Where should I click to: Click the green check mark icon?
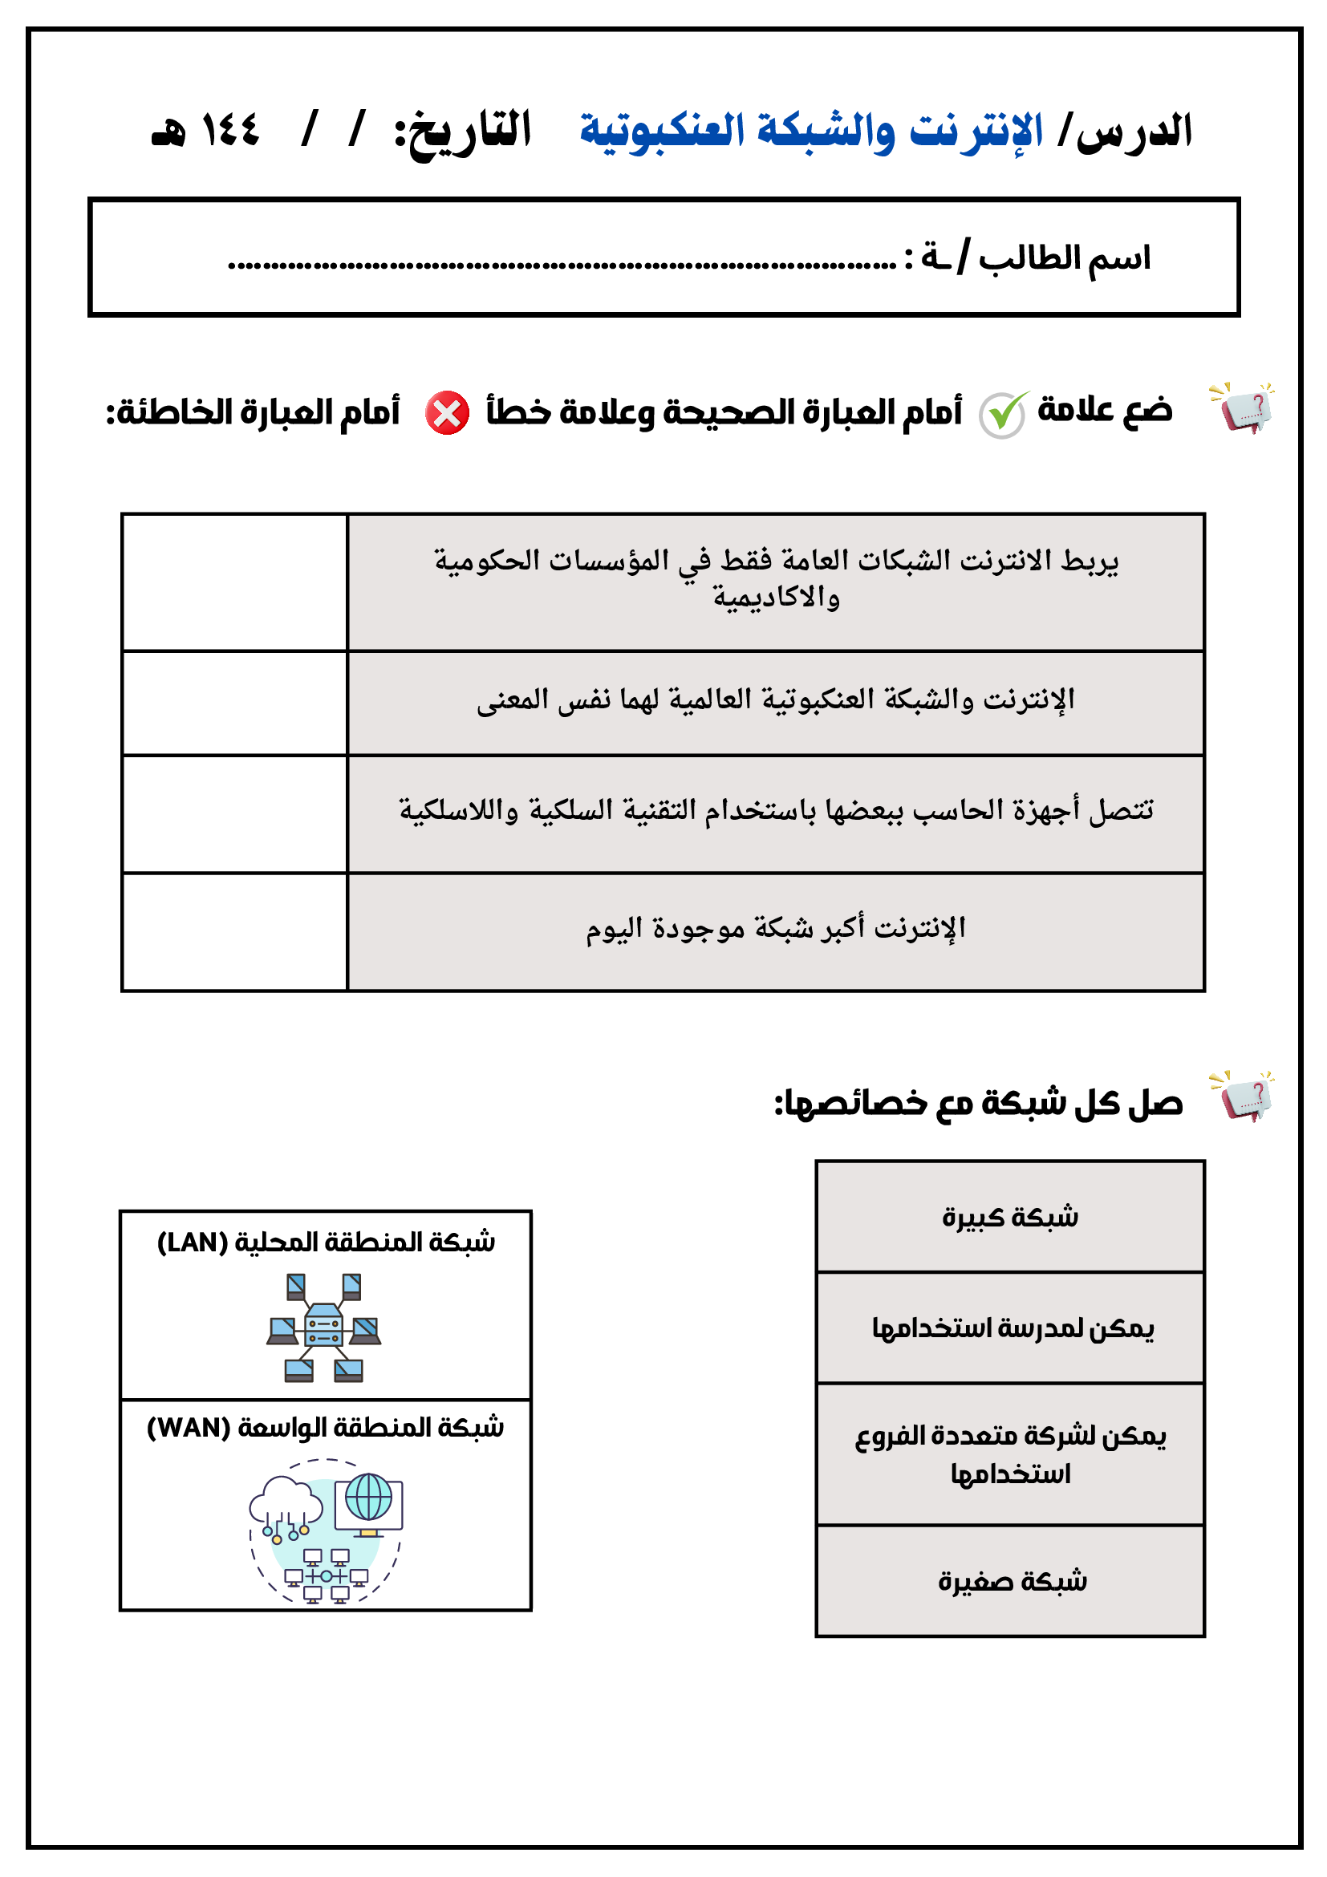pyautogui.click(x=1003, y=414)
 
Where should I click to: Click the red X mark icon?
pyautogui.click(x=447, y=413)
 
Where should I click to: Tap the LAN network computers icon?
pyautogui.click(x=324, y=1328)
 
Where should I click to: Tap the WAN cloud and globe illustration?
pyautogui.click(x=327, y=1530)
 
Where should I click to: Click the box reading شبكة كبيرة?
pyautogui.click(x=1010, y=1217)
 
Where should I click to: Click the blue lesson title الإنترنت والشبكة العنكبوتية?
pyautogui.click(x=811, y=131)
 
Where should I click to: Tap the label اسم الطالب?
pyautogui.click(x=1064, y=258)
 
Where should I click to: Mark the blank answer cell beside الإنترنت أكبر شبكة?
pyautogui.click(x=234, y=932)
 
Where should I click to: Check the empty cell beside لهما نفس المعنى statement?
pyautogui.click(x=234, y=703)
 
